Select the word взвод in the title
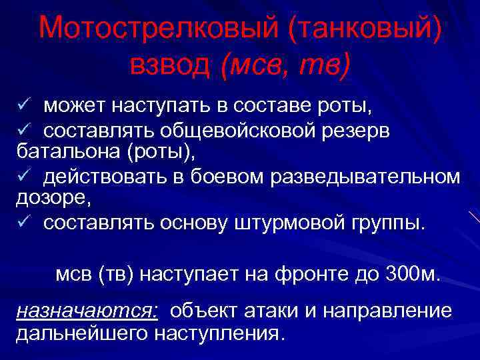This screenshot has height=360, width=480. coord(171,64)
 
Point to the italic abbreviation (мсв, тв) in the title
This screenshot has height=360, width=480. coord(286,65)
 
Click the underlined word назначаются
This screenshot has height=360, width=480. coord(87,311)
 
